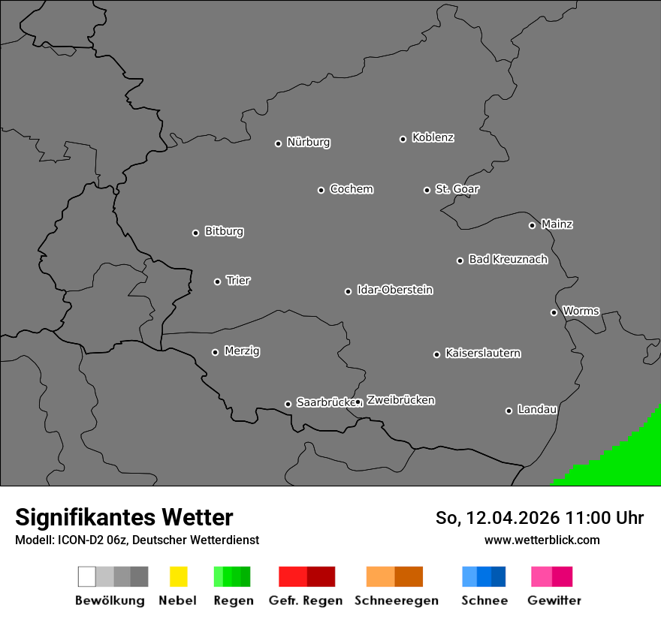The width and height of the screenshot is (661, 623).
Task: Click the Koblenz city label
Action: click(433, 137)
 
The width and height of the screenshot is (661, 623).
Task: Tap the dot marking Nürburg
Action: click(278, 143)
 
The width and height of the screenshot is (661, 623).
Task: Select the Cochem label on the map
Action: click(352, 189)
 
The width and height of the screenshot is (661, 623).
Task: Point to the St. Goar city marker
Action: click(427, 190)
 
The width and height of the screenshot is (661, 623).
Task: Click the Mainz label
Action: click(557, 224)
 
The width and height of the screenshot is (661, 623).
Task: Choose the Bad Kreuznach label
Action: click(508, 260)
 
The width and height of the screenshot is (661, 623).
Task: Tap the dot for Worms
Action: click(554, 312)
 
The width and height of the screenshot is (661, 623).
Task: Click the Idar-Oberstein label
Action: click(394, 290)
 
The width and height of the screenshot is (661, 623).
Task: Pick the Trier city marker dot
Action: click(217, 281)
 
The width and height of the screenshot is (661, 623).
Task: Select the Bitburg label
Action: click(224, 231)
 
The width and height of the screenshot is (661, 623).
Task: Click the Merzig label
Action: click(242, 351)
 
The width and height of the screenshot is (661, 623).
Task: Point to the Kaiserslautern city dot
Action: click(436, 354)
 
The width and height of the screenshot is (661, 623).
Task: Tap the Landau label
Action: click(537, 410)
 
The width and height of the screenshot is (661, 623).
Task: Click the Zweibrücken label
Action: click(400, 400)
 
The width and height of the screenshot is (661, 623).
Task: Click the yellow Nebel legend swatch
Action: click(178, 576)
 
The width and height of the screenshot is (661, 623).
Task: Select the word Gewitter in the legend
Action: click(554, 600)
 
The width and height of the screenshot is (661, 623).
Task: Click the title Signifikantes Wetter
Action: click(124, 517)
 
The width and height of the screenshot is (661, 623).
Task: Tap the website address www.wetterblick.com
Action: click(542, 540)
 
